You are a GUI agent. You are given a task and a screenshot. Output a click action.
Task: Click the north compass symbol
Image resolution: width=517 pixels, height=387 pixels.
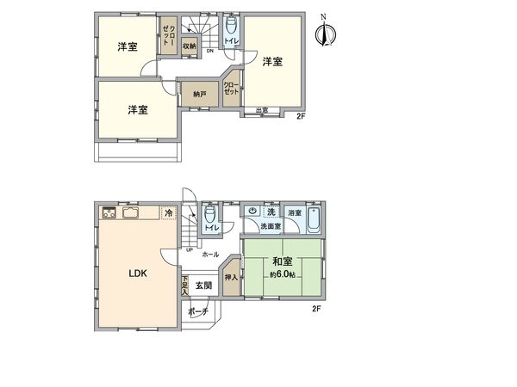(324, 33)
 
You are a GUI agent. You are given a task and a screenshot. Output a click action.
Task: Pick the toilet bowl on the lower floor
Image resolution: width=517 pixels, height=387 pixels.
(209, 215)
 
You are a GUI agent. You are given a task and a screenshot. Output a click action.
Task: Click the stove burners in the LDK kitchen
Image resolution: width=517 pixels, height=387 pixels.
(110, 212)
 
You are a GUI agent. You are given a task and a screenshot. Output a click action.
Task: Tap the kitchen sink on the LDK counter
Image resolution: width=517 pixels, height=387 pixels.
(131, 212)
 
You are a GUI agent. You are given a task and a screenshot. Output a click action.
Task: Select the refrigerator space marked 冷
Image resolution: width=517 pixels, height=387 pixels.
(169, 212)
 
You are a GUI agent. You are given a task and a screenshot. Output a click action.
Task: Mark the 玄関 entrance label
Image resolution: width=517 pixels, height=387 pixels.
(202, 285)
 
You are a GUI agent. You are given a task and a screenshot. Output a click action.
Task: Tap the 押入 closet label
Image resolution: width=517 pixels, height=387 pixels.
(231, 278)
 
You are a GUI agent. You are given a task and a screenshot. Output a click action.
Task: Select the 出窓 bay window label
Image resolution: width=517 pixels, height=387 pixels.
(262, 109)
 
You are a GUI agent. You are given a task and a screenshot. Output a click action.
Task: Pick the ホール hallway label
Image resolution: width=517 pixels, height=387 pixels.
(209, 255)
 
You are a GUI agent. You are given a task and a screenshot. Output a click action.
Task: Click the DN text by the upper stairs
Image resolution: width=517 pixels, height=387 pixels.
(209, 51)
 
